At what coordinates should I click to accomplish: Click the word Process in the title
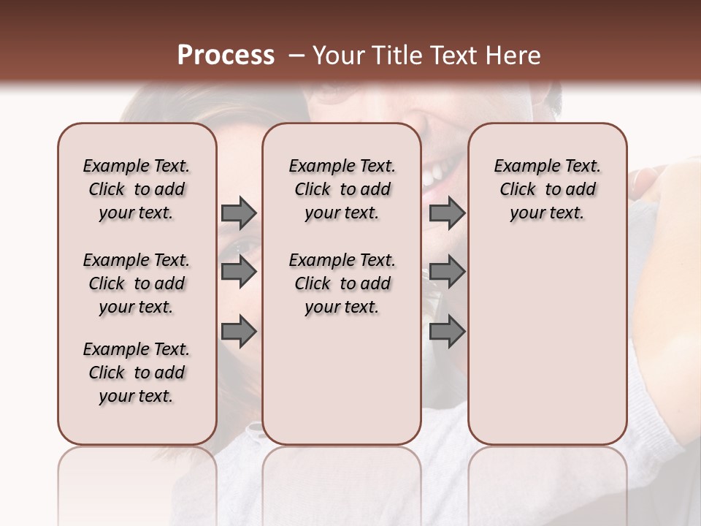click(226, 56)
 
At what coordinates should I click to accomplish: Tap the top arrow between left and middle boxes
click(238, 213)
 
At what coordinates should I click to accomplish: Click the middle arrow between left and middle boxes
click(238, 272)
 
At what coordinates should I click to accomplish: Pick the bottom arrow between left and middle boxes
click(238, 332)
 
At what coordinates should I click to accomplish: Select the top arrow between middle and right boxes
click(447, 213)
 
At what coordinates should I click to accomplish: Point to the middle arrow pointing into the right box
click(447, 272)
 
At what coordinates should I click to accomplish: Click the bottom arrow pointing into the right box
click(447, 332)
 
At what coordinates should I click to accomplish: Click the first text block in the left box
click(137, 189)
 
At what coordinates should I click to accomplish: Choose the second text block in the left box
click(137, 283)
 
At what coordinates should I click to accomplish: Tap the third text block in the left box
click(137, 373)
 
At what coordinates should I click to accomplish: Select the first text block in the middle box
click(342, 189)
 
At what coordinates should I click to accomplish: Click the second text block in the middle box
click(342, 283)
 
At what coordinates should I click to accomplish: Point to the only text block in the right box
click(548, 189)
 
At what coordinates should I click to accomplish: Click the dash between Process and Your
click(296, 56)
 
